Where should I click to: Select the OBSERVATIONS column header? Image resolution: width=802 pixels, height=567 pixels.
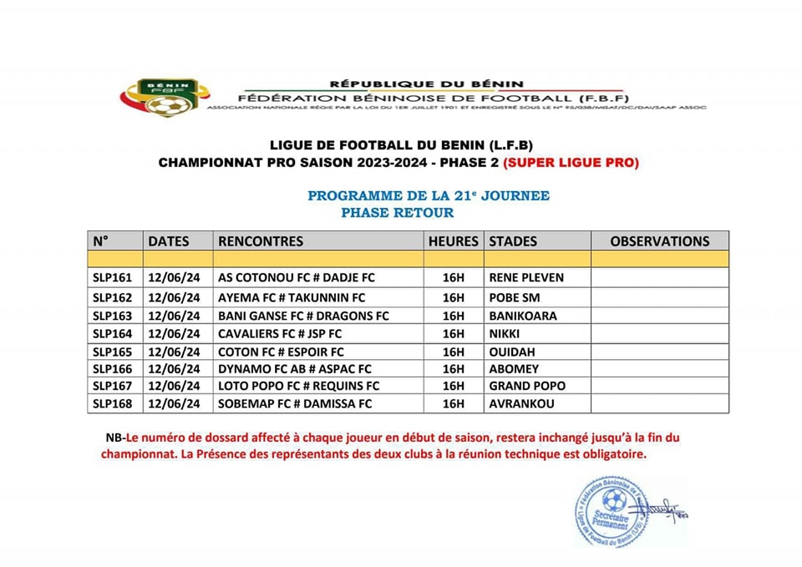click(x=659, y=241)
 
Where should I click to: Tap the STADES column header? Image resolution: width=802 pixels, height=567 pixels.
click(x=513, y=241)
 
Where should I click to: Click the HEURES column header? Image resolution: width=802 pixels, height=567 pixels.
click(x=454, y=241)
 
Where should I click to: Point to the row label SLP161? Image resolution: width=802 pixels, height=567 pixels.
click(x=113, y=278)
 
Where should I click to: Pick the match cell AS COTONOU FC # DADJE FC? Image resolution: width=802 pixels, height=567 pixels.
click(x=297, y=278)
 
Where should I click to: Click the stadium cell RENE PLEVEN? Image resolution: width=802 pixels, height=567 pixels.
click(x=526, y=278)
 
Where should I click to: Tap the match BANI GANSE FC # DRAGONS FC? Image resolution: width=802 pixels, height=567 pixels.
click(x=303, y=316)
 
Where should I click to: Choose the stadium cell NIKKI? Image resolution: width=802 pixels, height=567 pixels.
click(x=505, y=334)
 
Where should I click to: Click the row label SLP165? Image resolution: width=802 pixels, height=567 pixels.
click(x=113, y=352)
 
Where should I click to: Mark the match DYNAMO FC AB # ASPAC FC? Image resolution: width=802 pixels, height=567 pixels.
click(x=295, y=369)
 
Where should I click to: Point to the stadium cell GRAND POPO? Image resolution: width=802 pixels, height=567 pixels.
click(x=527, y=386)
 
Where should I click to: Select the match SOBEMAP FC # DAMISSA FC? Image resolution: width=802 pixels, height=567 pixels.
click(x=295, y=404)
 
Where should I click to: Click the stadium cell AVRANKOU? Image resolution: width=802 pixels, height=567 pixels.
click(x=524, y=404)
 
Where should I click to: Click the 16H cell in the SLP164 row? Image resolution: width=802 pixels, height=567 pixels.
click(x=454, y=334)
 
